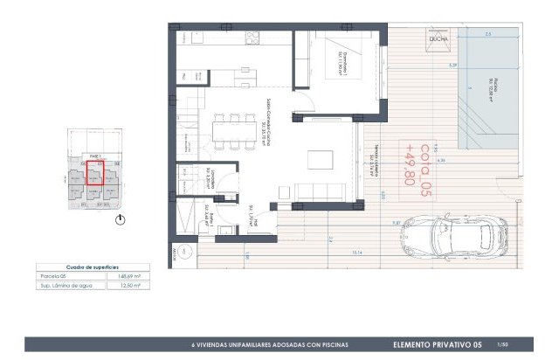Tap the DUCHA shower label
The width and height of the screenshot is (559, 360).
(x=438, y=39)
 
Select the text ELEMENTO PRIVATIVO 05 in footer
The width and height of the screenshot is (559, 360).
(x=438, y=345)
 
